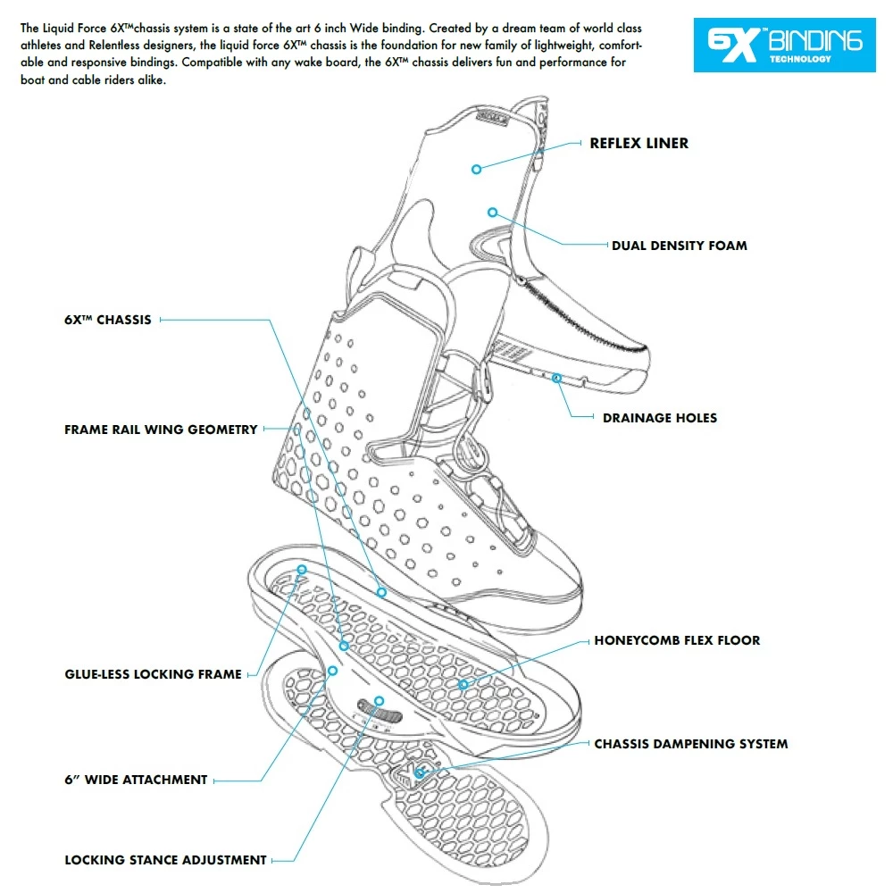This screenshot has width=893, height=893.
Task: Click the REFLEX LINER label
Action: [x=638, y=143]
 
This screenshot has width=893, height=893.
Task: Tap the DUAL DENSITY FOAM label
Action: [x=679, y=245]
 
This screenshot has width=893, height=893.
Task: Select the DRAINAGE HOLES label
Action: [x=659, y=417]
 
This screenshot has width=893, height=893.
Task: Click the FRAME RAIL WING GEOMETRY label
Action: [x=161, y=430]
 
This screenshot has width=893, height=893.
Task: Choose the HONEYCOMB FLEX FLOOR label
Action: [x=677, y=640]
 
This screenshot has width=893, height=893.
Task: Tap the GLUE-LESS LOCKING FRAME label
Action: [x=153, y=674]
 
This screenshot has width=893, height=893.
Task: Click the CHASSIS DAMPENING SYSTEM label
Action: [x=691, y=743]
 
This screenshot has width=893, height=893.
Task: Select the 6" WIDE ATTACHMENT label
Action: [x=136, y=780]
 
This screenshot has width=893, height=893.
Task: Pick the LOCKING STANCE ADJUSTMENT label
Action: [x=165, y=860]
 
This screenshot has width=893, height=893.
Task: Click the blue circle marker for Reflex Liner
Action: [x=477, y=168]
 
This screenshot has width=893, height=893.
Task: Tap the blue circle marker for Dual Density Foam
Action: [x=491, y=212]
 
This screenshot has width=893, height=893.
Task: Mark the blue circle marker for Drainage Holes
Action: [x=556, y=379]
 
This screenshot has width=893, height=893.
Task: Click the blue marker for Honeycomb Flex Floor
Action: [x=462, y=683]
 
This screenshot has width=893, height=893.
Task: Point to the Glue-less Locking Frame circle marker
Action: [x=302, y=569]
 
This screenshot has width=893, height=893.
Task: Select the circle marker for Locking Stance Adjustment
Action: [x=379, y=701]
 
